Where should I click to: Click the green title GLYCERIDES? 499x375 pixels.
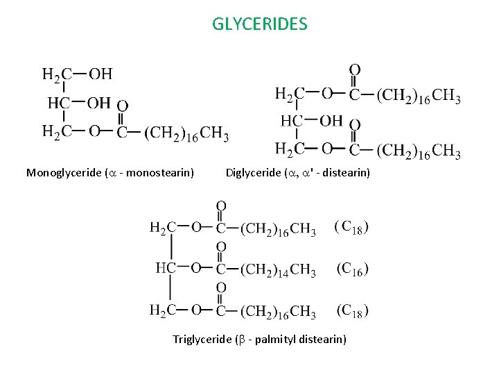click(x=259, y=25)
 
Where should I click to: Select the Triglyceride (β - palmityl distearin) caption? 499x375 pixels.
click(x=259, y=339)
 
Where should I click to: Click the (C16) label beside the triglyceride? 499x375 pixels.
click(x=352, y=268)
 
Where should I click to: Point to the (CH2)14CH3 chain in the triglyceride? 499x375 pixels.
click(x=278, y=269)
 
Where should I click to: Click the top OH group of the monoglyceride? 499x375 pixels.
click(x=100, y=74)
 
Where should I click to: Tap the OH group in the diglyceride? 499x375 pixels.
click(x=331, y=121)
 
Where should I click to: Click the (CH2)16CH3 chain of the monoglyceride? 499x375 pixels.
click(x=186, y=133)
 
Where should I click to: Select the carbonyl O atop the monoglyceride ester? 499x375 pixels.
click(x=122, y=106)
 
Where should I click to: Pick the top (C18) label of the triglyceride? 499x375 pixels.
click(x=351, y=226)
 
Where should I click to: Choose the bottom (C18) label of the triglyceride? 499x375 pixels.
click(x=352, y=310)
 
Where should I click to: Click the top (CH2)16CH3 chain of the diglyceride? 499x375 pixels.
click(x=419, y=95)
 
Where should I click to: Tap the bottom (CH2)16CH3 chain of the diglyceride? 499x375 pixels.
click(x=419, y=150)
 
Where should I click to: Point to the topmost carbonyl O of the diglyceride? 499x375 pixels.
click(x=354, y=70)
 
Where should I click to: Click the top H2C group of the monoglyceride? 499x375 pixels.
click(x=56, y=74)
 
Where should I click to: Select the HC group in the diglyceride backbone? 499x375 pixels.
click(x=290, y=122)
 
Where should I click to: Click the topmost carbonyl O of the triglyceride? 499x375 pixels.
click(x=221, y=206)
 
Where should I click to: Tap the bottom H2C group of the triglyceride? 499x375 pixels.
click(x=163, y=310)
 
